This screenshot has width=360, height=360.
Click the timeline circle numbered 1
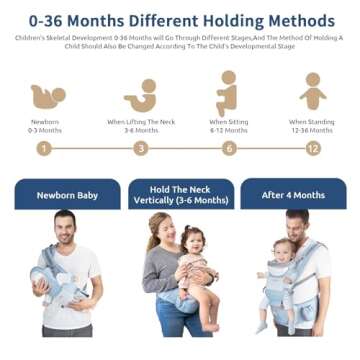(x=43, y=148)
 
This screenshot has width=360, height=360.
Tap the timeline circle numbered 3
(x=141, y=148)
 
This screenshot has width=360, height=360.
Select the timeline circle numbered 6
(x=229, y=148)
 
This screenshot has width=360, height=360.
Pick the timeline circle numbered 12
(x=313, y=148)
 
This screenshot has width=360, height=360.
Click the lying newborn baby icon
(x=47, y=96)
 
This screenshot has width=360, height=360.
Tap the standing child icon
(x=313, y=93)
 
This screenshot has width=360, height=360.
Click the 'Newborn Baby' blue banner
(x=67, y=195)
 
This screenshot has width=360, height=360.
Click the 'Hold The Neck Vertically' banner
(x=181, y=194)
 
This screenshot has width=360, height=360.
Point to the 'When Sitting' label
(x=229, y=122)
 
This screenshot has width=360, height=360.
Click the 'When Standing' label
(x=313, y=122)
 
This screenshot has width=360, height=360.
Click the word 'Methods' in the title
(x=297, y=19)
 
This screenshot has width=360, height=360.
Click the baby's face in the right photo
(x=283, y=249)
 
